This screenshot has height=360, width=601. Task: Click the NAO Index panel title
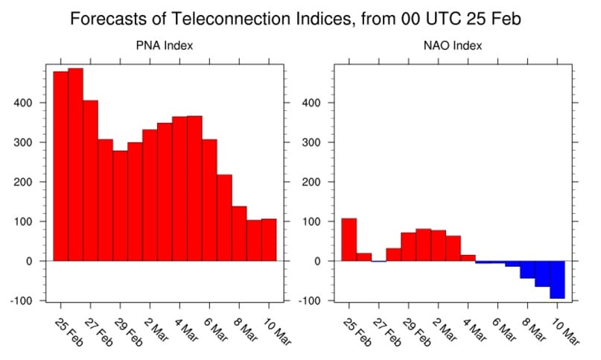(x=454, y=46)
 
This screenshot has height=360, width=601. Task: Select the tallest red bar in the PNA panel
(x=75, y=164)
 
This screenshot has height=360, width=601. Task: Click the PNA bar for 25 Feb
(x=60, y=166)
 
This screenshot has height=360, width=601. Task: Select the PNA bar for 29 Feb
(x=120, y=206)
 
